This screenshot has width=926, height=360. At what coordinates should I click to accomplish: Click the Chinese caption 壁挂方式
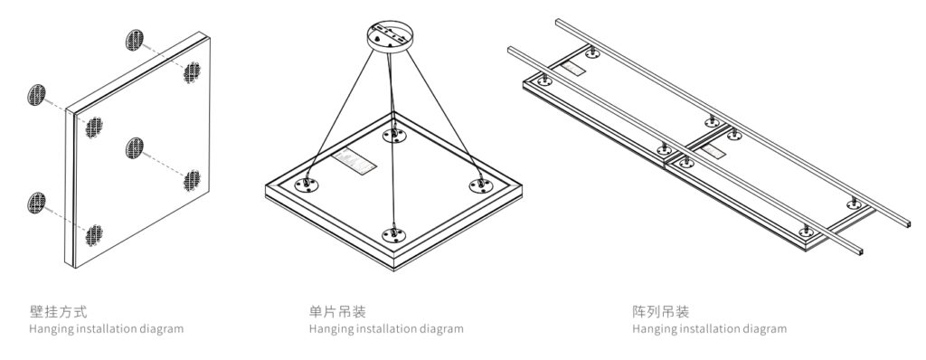[59, 311]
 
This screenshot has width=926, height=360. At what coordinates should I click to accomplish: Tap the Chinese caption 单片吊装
[337, 311]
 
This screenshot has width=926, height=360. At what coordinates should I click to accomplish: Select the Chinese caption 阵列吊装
[660, 311]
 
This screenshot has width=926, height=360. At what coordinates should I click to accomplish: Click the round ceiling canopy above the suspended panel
[390, 36]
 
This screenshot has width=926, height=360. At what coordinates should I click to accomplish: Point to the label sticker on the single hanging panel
[354, 162]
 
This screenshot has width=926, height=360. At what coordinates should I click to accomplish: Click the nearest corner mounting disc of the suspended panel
[394, 234]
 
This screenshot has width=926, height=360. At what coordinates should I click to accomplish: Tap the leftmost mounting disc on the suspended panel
[307, 185]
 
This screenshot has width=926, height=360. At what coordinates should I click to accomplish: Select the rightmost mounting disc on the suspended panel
[481, 185]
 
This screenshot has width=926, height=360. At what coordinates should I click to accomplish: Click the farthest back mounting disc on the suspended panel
[394, 136]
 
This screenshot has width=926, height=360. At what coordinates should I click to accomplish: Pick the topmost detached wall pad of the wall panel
[135, 40]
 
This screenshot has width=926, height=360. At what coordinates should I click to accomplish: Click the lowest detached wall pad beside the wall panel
[36, 203]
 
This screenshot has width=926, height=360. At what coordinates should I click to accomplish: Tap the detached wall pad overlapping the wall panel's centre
[135, 147]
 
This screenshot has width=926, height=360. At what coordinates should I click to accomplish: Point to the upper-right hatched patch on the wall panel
[192, 72]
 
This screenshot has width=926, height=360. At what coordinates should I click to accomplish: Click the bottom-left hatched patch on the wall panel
[93, 235]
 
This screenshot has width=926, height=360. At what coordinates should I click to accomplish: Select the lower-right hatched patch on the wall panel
[192, 180]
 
